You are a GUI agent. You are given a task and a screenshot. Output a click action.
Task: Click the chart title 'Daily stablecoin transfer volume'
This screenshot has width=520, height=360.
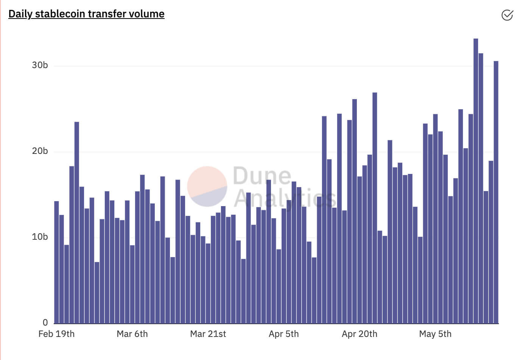[x=86, y=14]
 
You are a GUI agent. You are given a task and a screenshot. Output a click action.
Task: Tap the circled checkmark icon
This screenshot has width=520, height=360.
[x=507, y=15]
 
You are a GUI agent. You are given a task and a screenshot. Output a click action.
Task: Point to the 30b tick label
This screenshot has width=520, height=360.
[x=40, y=65]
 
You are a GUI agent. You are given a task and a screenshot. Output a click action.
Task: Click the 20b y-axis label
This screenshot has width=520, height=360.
[x=40, y=151]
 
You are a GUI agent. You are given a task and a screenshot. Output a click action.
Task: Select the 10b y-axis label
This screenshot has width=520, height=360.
[x=40, y=237]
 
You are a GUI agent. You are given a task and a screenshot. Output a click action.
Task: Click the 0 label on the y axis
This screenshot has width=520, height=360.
[x=45, y=323]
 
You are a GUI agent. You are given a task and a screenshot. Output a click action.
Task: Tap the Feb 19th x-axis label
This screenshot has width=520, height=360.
[x=56, y=334]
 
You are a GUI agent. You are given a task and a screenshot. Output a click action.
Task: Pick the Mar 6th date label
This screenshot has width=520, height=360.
[x=132, y=334]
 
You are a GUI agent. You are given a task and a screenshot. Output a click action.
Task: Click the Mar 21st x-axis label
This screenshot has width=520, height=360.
[x=208, y=334]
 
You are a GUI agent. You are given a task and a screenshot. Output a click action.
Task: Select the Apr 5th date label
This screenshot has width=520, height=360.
[x=283, y=334]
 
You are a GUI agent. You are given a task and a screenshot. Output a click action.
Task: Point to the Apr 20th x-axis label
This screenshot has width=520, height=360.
[x=359, y=334]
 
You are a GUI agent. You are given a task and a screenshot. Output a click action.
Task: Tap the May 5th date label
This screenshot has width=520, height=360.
[x=435, y=334]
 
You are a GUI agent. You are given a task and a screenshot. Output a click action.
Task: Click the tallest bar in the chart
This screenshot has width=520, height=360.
[x=476, y=182]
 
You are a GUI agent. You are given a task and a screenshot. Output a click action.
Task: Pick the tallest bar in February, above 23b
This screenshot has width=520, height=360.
[x=77, y=223]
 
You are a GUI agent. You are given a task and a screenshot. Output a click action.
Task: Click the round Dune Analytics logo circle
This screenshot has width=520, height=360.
[x=207, y=186]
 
